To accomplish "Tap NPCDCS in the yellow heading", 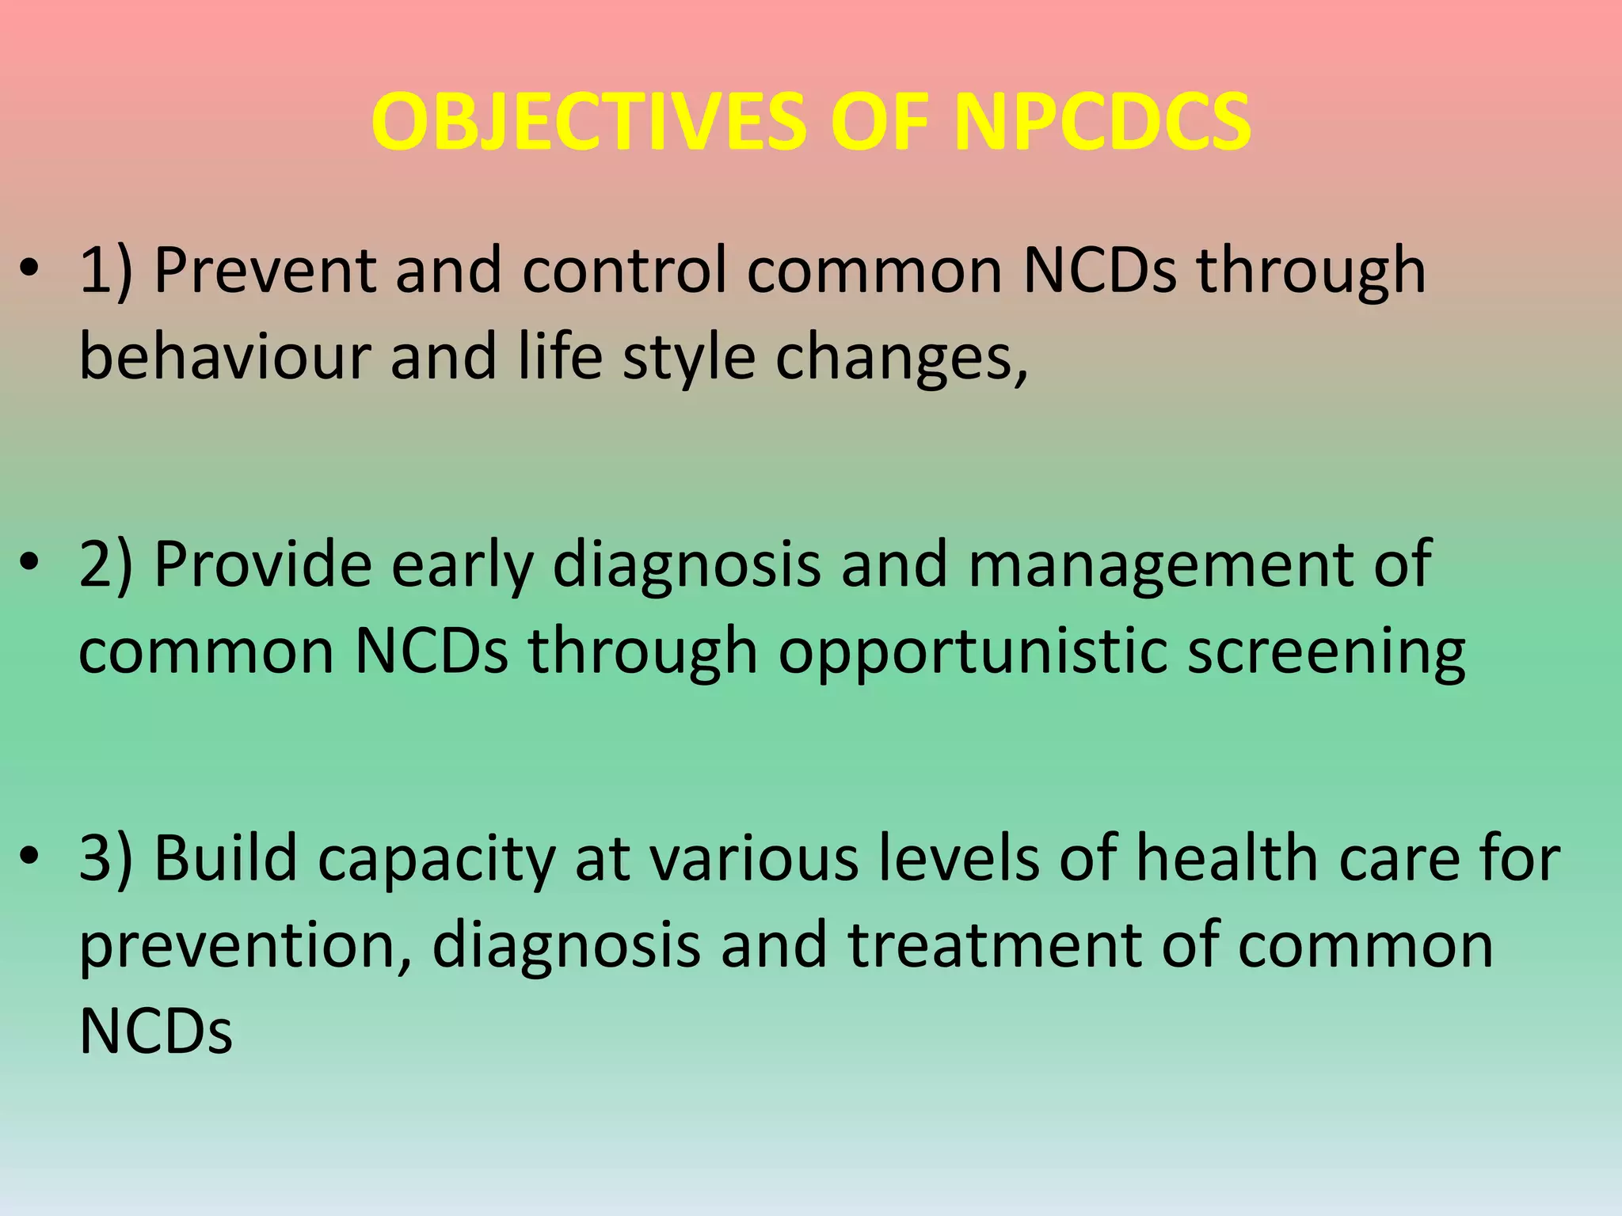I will (1102, 123).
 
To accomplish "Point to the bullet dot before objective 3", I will (29, 857).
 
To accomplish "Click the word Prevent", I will (265, 271).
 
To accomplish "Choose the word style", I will (688, 358).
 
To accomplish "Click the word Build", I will (225, 858).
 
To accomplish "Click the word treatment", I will (995, 944).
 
